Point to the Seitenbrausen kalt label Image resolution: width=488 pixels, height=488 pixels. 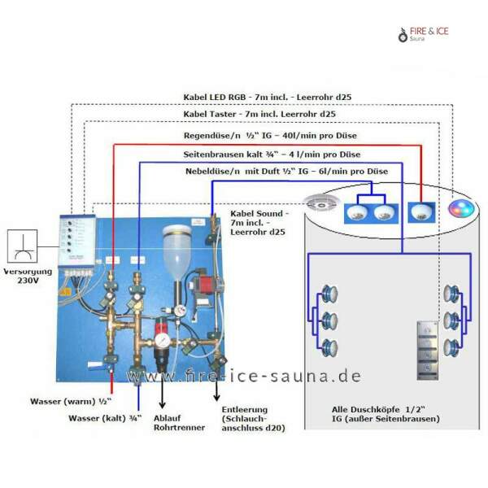[272, 154]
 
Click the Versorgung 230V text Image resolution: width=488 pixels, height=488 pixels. [27, 276]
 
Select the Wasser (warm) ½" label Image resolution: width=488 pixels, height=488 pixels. [68, 402]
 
